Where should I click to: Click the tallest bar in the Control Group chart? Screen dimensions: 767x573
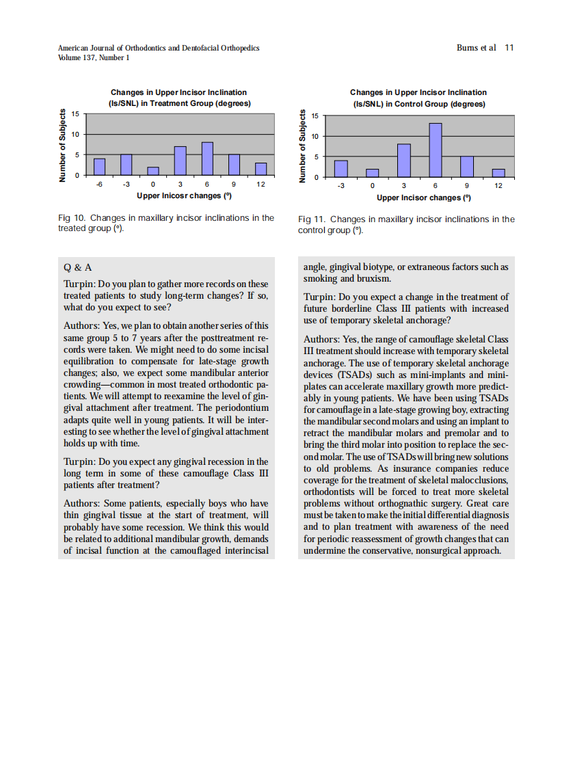(x=435, y=150)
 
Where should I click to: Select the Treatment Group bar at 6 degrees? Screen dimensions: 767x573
(x=207, y=159)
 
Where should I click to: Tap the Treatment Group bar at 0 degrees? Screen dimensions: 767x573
(x=153, y=172)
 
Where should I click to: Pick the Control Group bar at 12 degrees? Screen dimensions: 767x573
(x=498, y=173)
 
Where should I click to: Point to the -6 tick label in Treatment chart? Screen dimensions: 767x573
(x=99, y=185)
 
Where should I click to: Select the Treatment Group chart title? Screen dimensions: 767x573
(x=178, y=98)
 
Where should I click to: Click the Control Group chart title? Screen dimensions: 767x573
(x=418, y=98)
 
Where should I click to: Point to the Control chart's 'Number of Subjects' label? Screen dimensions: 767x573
(x=304, y=147)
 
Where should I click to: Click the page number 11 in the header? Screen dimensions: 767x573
(x=509, y=48)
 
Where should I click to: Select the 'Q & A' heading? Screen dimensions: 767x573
(x=77, y=267)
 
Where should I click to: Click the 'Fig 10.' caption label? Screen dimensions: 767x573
(x=72, y=218)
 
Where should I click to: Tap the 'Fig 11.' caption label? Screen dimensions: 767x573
(x=312, y=219)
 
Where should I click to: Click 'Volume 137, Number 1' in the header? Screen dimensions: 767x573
(x=94, y=58)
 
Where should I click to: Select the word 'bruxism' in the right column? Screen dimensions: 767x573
(x=376, y=278)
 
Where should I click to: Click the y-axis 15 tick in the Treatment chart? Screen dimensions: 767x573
(x=76, y=113)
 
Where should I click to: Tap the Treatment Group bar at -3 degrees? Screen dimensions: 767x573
(x=126, y=165)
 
